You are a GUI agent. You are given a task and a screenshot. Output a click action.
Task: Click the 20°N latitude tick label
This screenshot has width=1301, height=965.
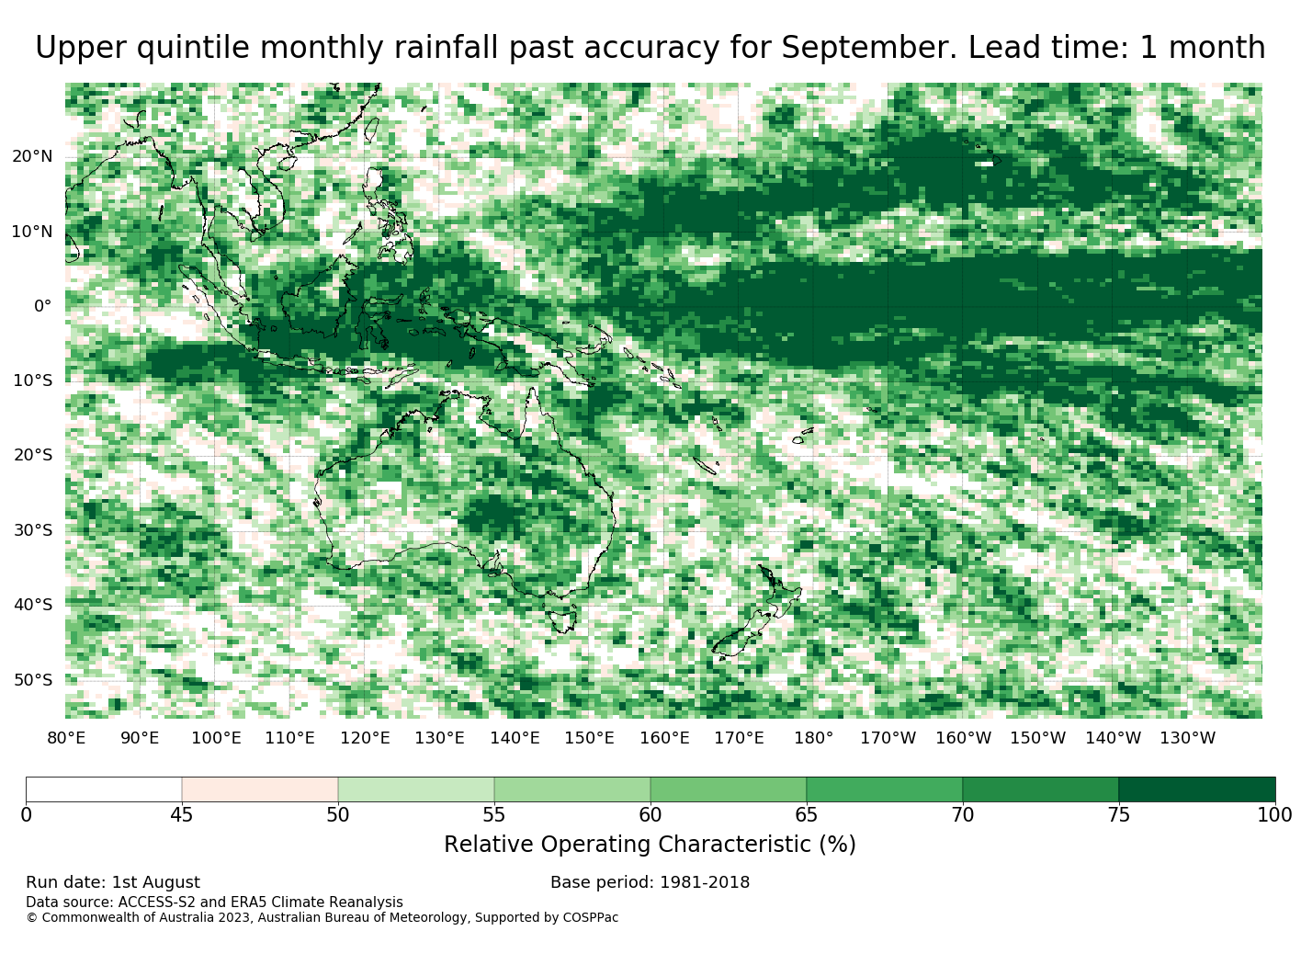click(x=32, y=156)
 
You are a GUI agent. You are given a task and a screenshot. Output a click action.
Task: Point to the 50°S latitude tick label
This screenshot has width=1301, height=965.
click(x=33, y=680)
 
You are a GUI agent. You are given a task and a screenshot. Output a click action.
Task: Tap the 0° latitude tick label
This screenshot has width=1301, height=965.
click(x=42, y=306)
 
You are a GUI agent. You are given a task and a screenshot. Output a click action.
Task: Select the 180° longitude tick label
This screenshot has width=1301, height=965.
click(x=813, y=738)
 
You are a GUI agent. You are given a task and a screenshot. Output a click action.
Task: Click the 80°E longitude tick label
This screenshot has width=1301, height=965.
click(x=66, y=738)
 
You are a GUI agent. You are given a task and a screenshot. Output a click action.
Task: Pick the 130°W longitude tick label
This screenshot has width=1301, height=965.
click(x=1187, y=738)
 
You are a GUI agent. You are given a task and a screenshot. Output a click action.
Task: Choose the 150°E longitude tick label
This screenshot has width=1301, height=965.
click(x=589, y=738)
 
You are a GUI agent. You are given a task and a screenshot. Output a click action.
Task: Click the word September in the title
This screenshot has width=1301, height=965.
click(x=868, y=48)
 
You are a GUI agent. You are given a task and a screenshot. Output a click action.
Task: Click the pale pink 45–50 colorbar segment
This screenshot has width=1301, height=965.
click(x=260, y=789)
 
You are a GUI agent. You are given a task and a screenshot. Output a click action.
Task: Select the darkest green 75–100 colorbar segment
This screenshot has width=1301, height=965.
click(x=1196, y=789)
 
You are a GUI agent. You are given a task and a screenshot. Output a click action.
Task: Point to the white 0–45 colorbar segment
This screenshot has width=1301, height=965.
click(x=104, y=789)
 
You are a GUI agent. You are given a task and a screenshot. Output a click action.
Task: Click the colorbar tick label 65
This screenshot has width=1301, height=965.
click(x=806, y=814)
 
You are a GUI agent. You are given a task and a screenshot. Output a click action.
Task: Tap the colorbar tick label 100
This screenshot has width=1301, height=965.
click(x=1274, y=814)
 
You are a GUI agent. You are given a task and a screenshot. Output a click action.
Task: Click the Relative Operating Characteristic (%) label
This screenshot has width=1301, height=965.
click(x=650, y=844)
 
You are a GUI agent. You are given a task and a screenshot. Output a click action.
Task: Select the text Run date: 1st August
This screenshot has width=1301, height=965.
click(x=113, y=882)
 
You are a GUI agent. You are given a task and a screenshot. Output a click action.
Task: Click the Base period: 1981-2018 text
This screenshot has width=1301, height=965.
click(x=650, y=882)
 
